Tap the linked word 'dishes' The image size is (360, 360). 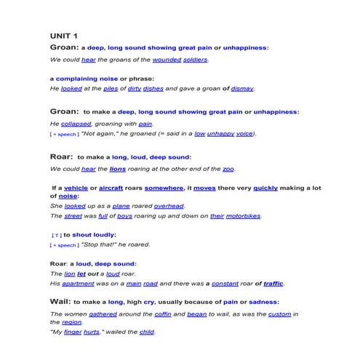pos(153,89)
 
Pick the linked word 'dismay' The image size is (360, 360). pos(242,89)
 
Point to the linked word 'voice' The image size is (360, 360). pos(244,134)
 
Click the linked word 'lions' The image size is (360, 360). pos(118,169)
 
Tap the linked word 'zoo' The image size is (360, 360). pos(228,169)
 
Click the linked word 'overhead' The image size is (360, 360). pos(169,206)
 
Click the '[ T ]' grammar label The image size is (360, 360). pos(56,236)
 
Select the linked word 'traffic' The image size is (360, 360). pos(273,283)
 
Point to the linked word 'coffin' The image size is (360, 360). pos(164,313)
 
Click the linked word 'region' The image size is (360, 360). pos(71,322)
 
